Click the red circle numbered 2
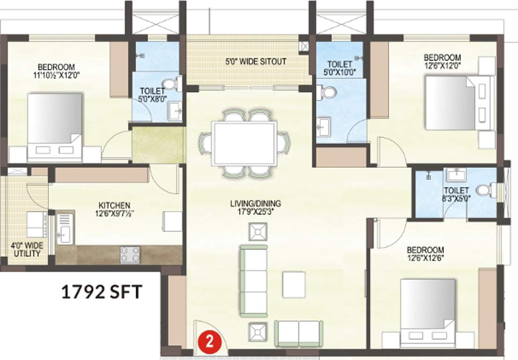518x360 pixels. tap(210, 341)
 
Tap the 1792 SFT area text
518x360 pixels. tap(102, 292)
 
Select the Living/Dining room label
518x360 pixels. tap(255, 207)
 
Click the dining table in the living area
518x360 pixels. tap(244, 143)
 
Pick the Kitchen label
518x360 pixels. tap(114, 209)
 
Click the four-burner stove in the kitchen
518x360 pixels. tap(130, 255)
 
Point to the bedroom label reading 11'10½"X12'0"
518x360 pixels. tap(56, 70)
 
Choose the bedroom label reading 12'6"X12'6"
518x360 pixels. tap(425, 254)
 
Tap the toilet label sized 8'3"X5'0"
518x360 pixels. tap(456, 194)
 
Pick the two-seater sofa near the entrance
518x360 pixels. tap(298, 331)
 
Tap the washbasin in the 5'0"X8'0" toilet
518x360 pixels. tap(176, 112)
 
